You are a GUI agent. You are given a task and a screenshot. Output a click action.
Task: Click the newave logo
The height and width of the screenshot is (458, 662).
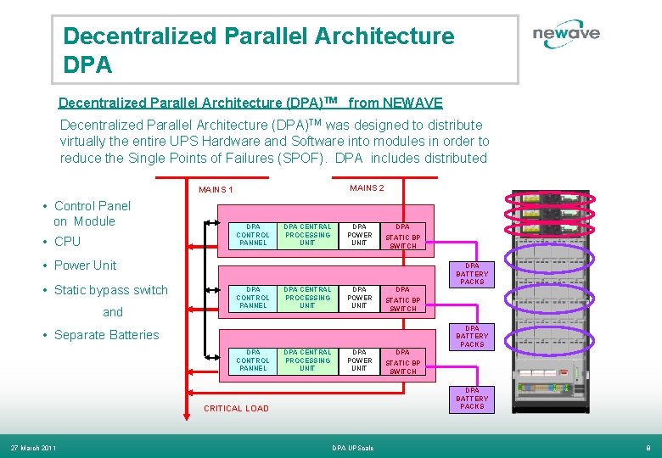point(566,35)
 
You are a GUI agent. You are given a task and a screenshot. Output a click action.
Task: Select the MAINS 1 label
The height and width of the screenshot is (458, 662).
point(216,190)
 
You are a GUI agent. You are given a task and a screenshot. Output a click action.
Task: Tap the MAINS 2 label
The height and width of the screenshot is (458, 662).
point(367,187)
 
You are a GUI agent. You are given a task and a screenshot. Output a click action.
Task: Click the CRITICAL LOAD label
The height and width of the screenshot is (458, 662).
point(236,409)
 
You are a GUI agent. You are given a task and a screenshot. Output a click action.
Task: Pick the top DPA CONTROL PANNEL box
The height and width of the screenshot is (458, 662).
point(253,235)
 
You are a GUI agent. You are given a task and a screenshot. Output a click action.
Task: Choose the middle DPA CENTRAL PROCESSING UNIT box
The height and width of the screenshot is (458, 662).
point(307,298)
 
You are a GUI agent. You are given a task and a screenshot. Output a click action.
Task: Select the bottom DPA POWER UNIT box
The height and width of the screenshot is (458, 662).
point(360,360)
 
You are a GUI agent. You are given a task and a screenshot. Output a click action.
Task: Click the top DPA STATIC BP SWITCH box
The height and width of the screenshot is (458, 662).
point(403,236)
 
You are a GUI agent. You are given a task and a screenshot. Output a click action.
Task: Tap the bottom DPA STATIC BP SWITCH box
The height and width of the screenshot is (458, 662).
point(403,361)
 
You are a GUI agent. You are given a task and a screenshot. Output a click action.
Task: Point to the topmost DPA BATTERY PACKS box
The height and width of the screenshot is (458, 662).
point(472,274)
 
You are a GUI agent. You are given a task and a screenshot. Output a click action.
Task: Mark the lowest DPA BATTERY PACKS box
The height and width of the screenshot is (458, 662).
point(472,399)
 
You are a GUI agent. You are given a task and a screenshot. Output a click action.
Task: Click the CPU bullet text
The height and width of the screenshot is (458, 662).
point(67,242)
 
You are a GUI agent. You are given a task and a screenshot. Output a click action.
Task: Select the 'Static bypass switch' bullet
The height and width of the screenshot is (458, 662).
point(110,290)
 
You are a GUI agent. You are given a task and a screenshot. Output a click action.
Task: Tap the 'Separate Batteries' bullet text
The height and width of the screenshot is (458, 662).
point(106,335)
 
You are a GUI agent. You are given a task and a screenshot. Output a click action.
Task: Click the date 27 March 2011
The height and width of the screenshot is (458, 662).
point(33,448)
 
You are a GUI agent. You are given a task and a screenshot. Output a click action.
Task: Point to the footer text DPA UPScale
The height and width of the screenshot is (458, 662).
point(351,448)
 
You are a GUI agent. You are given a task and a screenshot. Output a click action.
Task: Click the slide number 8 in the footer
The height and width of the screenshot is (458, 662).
point(648,448)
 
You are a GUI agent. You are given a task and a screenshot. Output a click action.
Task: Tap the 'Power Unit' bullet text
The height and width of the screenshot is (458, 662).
point(85,265)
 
